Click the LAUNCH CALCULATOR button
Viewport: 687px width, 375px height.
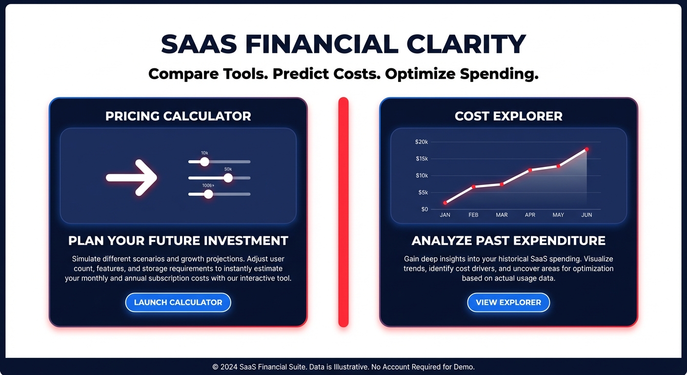(178, 302)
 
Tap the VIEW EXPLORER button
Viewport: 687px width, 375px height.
(508, 302)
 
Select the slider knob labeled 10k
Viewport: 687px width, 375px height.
(204, 162)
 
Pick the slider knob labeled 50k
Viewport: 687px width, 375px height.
(228, 178)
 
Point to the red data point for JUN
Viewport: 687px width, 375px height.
(586, 149)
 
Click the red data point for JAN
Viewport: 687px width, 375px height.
(445, 203)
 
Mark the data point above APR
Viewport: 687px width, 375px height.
(530, 170)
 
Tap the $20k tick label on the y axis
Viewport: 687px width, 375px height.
(422, 142)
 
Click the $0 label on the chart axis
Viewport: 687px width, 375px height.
(424, 209)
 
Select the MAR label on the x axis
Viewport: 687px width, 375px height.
(502, 215)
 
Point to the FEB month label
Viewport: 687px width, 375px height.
(473, 215)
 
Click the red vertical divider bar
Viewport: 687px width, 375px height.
(343, 212)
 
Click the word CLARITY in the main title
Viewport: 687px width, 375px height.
(466, 44)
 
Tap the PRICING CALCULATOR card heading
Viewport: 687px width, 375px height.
(178, 116)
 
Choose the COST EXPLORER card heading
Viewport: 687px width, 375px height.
(508, 116)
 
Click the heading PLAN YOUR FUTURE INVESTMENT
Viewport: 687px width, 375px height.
(178, 241)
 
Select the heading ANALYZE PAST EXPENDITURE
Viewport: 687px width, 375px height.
(508, 241)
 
